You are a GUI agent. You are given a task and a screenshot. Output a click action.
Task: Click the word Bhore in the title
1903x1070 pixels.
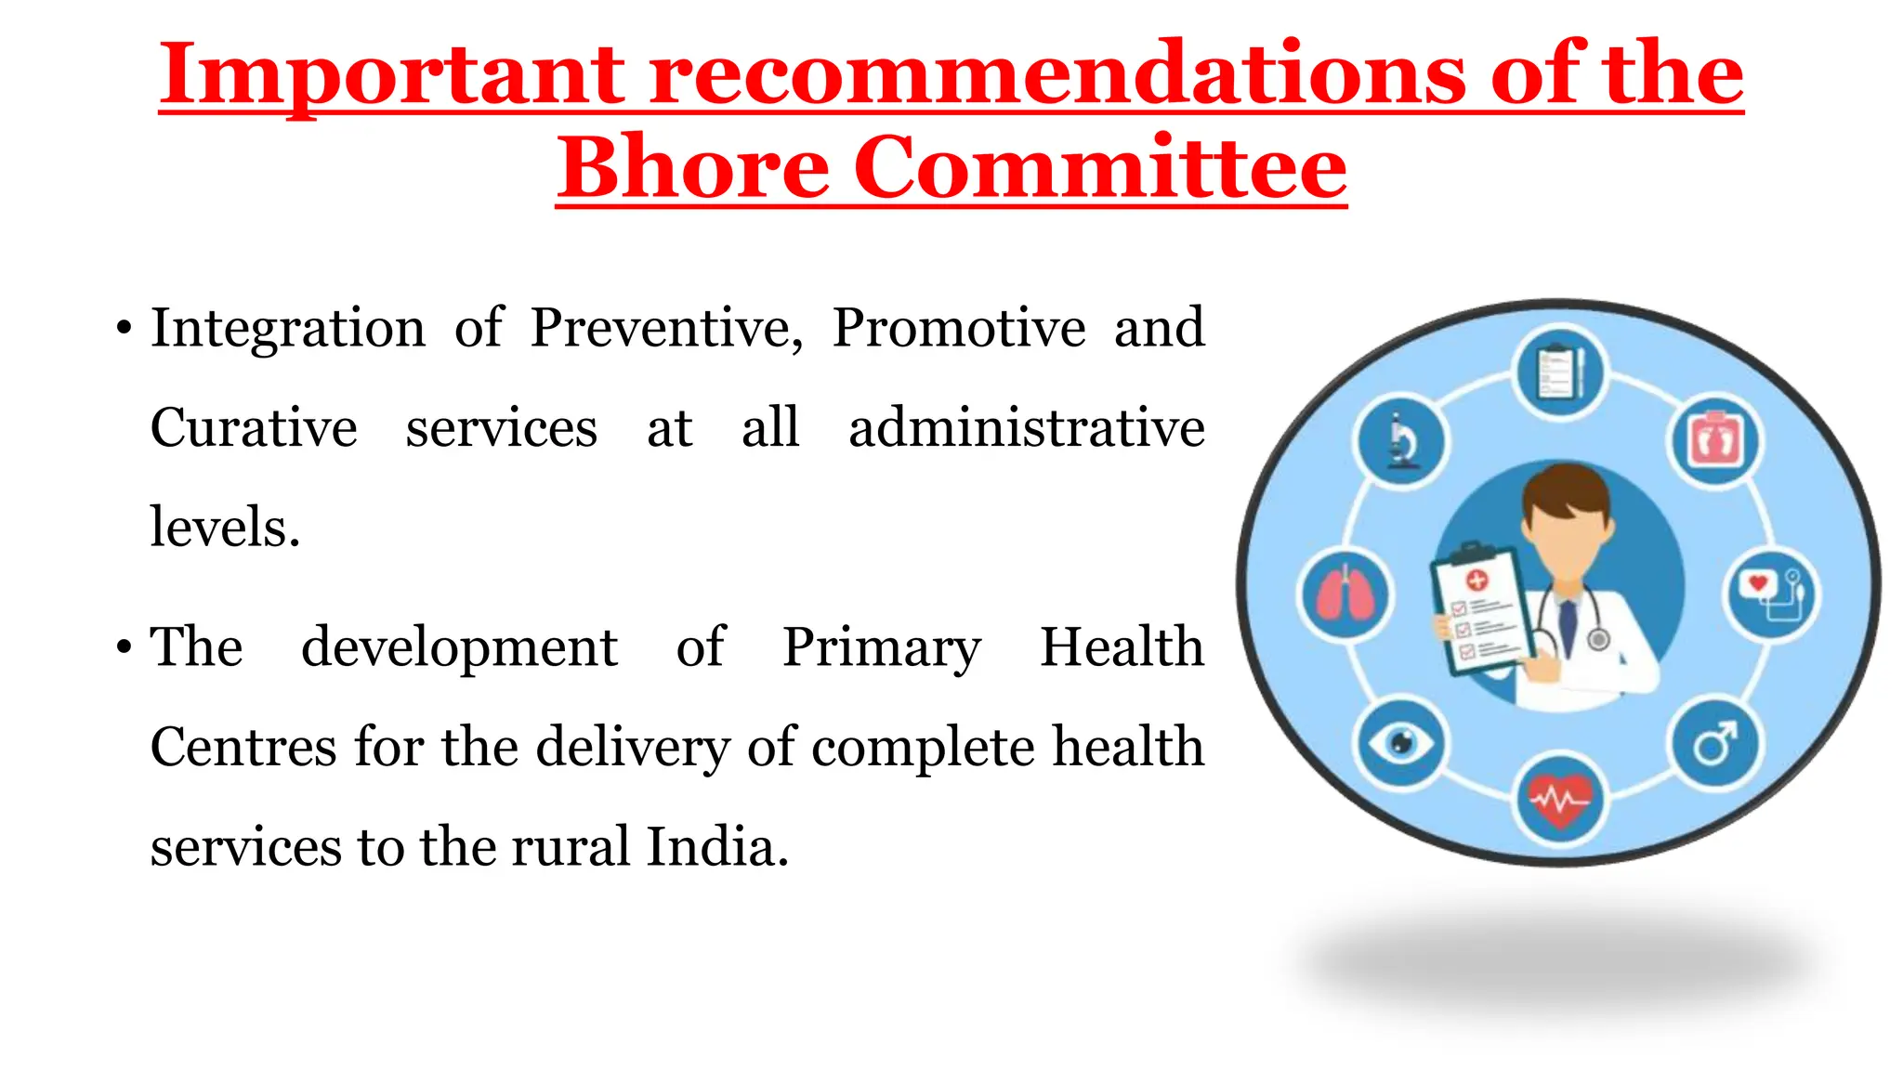coord(692,167)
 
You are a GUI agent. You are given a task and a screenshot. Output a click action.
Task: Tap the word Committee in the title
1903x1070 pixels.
coord(1100,167)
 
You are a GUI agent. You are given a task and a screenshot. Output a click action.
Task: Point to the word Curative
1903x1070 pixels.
coord(254,428)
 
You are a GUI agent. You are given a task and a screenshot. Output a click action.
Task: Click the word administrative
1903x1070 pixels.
coord(1026,428)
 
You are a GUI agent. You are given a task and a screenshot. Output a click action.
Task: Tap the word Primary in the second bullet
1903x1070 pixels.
coord(881,647)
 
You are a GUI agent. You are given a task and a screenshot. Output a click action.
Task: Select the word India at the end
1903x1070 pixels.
coord(716,847)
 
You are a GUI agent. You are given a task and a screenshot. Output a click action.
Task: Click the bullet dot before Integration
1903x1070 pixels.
coord(125,329)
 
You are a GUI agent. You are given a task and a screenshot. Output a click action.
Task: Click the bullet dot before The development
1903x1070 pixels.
coord(125,647)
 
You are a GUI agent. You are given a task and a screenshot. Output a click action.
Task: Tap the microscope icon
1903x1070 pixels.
coord(1401,440)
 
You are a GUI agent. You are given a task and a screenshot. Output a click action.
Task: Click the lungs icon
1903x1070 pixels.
coord(1344,594)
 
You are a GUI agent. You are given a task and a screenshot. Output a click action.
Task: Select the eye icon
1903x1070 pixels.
coord(1401,743)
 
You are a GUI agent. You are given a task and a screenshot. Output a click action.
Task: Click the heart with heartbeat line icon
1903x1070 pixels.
coord(1560,799)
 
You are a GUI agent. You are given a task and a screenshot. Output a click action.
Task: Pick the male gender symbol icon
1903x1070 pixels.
coord(1715,743)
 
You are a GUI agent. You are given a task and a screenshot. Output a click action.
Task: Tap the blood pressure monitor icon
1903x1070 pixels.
coord(1773,594)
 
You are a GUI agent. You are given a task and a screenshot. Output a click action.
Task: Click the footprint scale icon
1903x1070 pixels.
coord(1715,440)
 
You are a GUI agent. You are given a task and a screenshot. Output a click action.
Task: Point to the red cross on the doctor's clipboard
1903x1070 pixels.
coord(1476,581)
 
